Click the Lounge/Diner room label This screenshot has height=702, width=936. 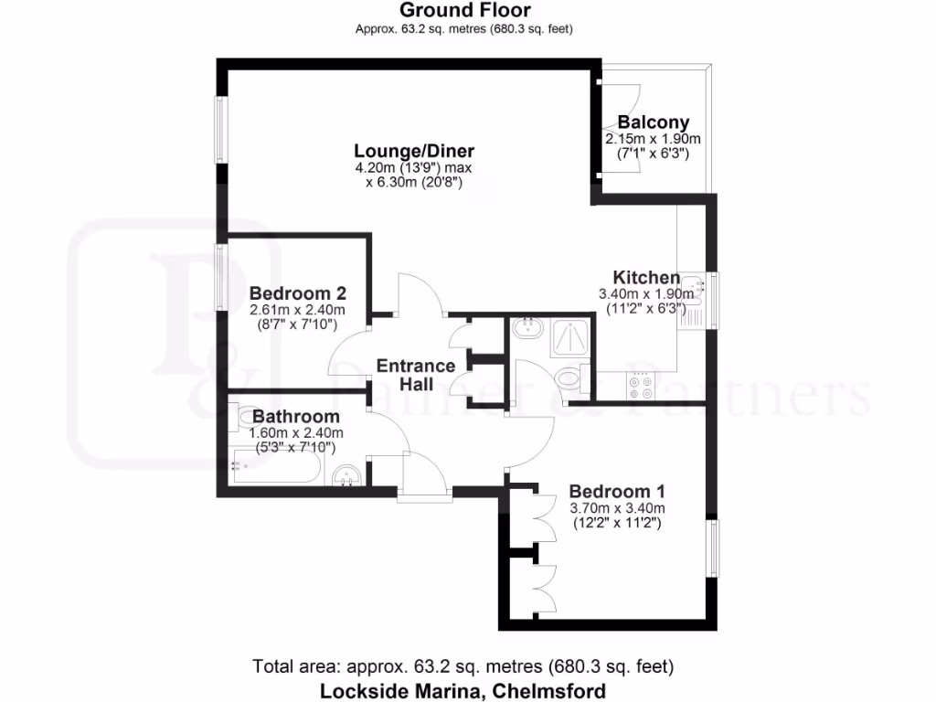tap(414, 151)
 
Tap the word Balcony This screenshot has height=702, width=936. tap(653, 122)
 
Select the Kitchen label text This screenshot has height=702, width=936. tap(645, 278)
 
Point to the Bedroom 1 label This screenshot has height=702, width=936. tap(616, 490)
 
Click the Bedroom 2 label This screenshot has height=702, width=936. tap(297, 293)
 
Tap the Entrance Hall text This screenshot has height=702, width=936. tap(416, 375)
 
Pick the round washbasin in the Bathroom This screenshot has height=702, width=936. tap(346, 474)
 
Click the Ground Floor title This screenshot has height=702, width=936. tap(463, 11)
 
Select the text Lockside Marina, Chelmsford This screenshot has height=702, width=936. tap(463, 690)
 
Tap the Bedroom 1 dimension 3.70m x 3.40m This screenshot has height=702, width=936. tap(617, 508)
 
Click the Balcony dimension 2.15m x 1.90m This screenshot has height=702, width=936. tap(653, 139)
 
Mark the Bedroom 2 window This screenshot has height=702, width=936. tap(220, 276)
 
